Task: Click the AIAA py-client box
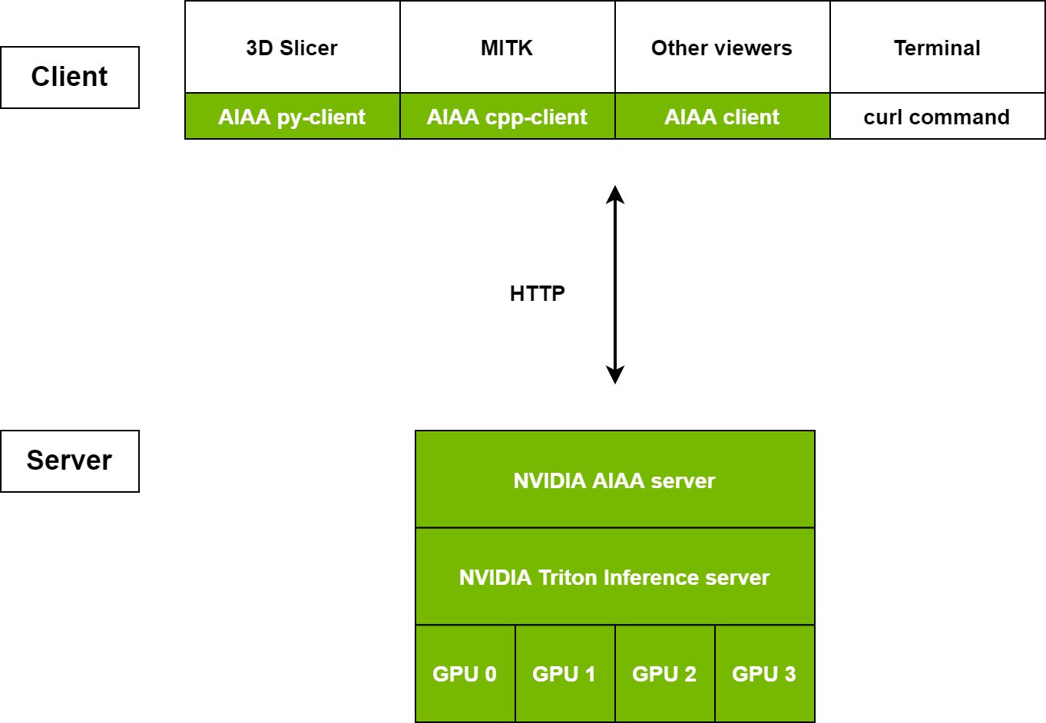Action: [x=292, y=117]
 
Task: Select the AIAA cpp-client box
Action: [x=507, y=117]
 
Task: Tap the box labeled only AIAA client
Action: [x=722, y=117]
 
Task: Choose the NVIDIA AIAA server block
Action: [x=614, y=480]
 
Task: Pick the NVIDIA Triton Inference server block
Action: [x=614, y=577]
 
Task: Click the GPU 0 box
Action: [x=465, y=674]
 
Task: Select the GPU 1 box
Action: [x=564, y=674]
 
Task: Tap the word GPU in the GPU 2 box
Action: [x=654, y=674]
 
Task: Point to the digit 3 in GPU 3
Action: [x=789, y=674]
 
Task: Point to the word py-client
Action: [x=321, y=117]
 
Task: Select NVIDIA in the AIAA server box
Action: [x=549, y=480]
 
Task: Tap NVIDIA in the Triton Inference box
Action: [x=495, y=577]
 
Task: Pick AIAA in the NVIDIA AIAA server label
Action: [x=618, y=480]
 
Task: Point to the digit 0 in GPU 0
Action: [x=490, y=674]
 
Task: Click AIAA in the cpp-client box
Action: [x=453, y=117]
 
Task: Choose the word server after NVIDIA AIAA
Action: [x=683, y=480]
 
